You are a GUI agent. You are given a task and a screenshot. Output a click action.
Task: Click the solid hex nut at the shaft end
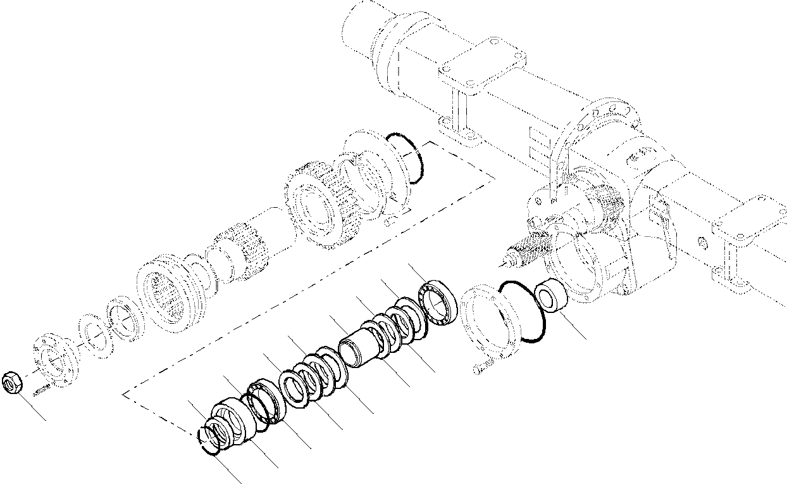tap(13, 383)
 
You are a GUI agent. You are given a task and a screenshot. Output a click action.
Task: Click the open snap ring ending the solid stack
tap(209, 440)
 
